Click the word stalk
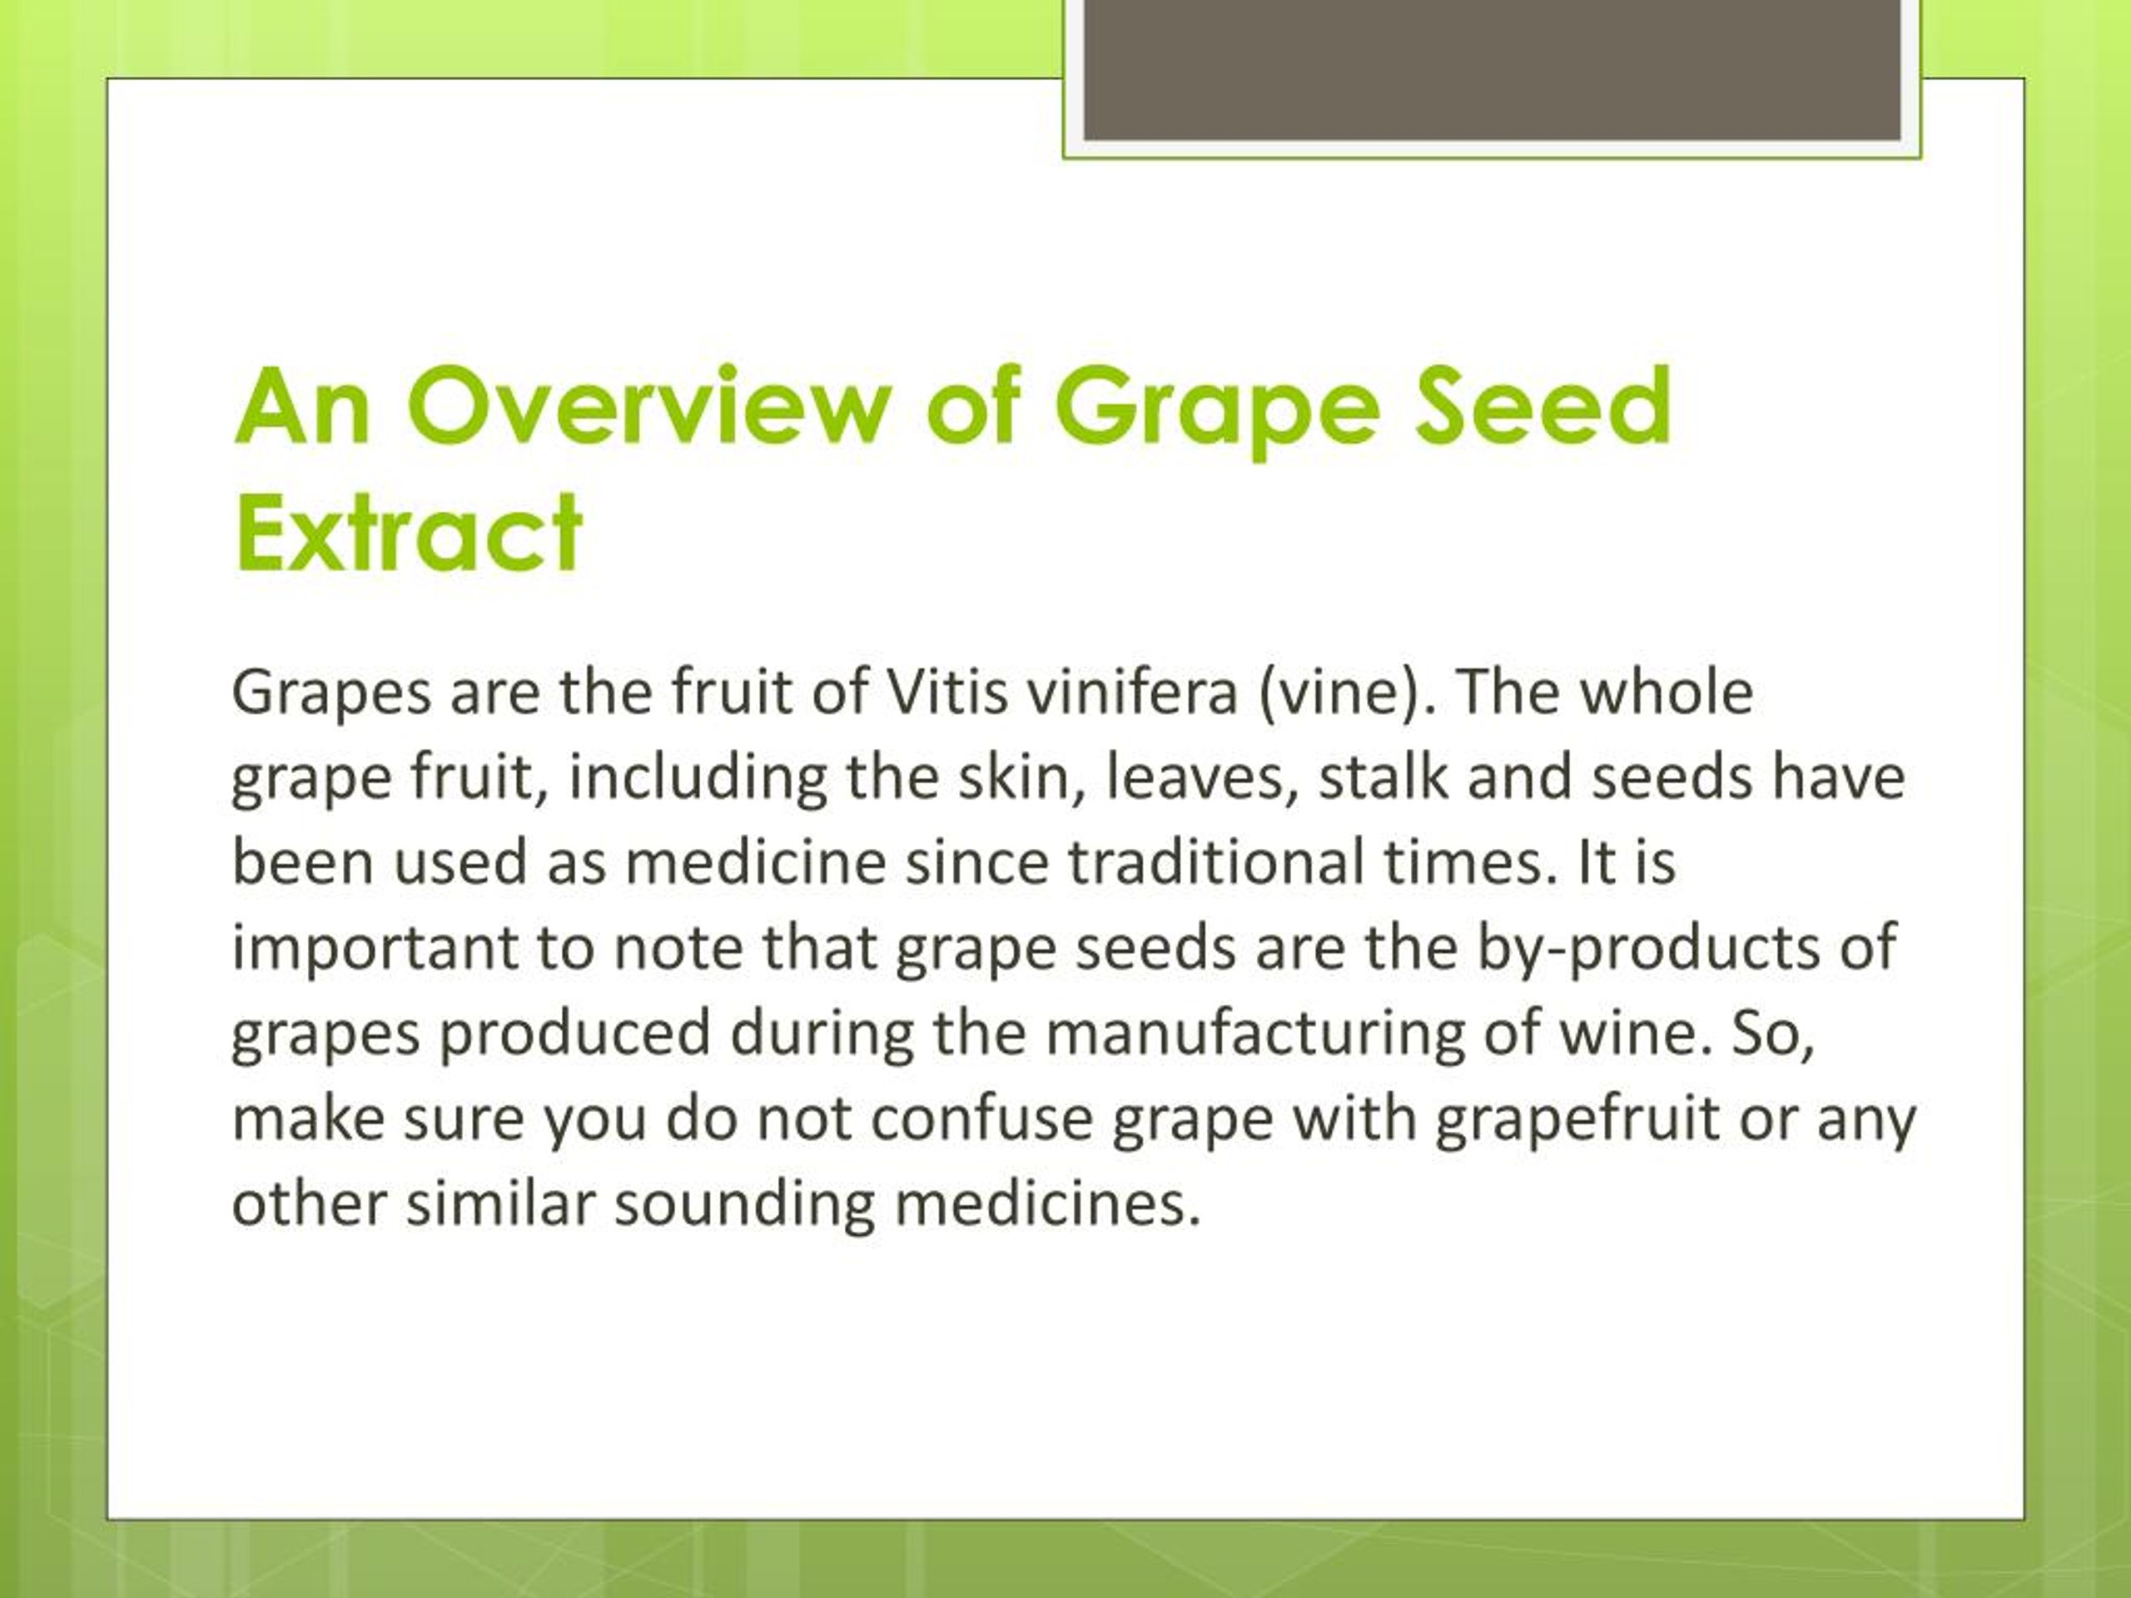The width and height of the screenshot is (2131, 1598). tap(1383, 777)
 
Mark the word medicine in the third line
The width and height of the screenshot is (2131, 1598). tap(755, 862)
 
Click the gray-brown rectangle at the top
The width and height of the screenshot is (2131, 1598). tap(1492, 69)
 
